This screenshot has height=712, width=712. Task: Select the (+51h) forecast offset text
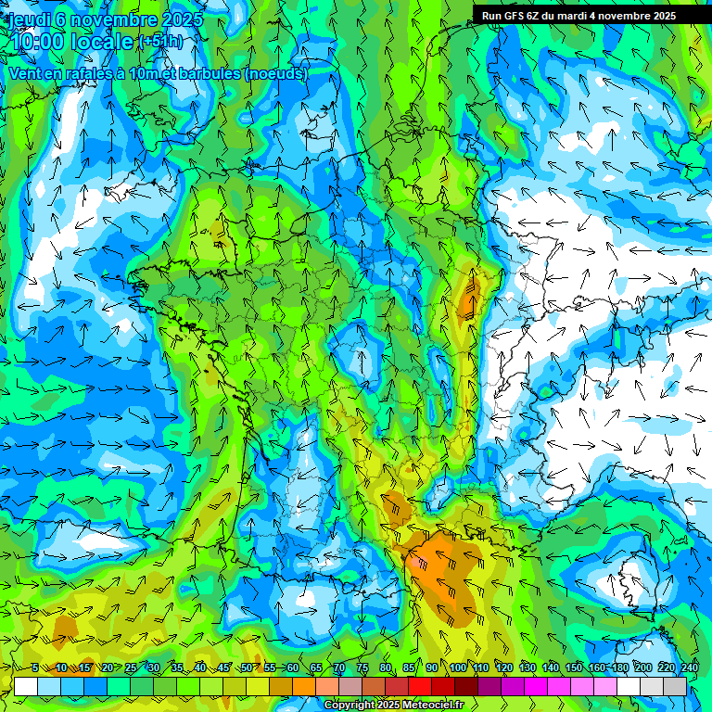[x=159, y=43]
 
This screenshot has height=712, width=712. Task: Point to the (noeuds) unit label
[x=276, y=72]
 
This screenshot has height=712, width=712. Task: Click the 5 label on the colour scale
[x=35, y=668]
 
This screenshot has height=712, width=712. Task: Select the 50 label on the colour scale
[x=246, y=668]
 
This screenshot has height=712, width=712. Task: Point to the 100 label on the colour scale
[x=458, y=668]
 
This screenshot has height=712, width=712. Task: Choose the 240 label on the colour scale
[x=689, y=668]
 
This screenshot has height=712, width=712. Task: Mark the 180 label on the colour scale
[x=619, y=668]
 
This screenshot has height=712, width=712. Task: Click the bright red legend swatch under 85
[x=420, y=687]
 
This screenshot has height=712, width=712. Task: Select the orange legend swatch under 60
[x=304, y=687]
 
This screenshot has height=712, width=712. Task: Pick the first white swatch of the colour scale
[x=26, y=687]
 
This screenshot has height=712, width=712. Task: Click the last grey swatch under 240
[x=675, y=687]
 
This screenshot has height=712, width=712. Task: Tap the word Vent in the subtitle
[x=26, y=72]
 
